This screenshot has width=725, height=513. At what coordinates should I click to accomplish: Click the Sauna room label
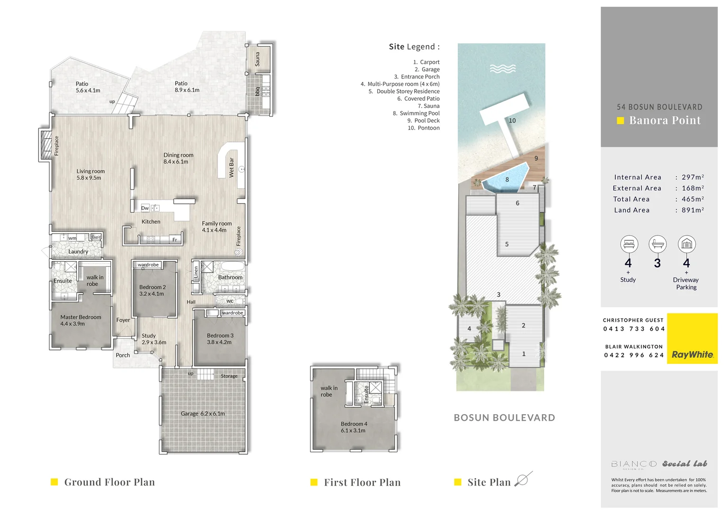[x=257, y=59]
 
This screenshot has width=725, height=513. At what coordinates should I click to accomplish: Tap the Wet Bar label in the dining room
[x=232, y=168]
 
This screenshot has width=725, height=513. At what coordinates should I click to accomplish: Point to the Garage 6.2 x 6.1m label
[x=203, y=414]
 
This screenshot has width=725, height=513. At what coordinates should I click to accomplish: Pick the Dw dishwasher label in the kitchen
[x=145, y=208]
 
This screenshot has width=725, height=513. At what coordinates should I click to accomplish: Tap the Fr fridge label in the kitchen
[x=175, y=240]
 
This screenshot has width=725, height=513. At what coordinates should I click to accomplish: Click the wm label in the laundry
[x=72, y=238]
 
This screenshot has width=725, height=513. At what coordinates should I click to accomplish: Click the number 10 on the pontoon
[x=512, y=121]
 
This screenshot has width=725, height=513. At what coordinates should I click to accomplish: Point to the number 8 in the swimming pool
[x=507, y=180]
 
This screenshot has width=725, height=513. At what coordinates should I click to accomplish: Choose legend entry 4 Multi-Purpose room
[x=400, y=84]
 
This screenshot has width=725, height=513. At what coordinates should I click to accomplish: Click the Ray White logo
[x=692, y=354]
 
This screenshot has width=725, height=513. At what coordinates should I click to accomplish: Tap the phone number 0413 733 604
[x=634, y=329]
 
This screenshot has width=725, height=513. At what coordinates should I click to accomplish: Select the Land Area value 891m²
[x=693, y=210]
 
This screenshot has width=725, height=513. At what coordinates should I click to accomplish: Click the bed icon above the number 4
[x=629, y=244]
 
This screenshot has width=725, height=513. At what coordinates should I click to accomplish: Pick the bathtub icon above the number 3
[x=658, y=244]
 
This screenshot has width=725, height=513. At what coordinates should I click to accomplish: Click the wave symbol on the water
[x=503, y=69]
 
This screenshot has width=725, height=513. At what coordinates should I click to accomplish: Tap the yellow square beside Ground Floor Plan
[x=54, y=482]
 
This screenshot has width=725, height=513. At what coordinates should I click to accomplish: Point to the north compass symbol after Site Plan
[x=523, y=480]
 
